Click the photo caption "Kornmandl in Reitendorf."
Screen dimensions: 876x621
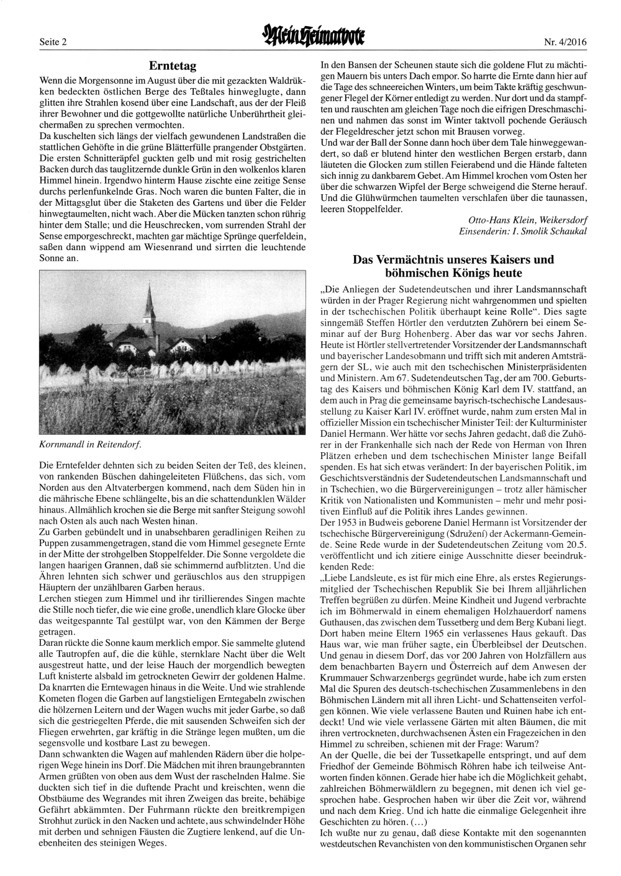(89, 444)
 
